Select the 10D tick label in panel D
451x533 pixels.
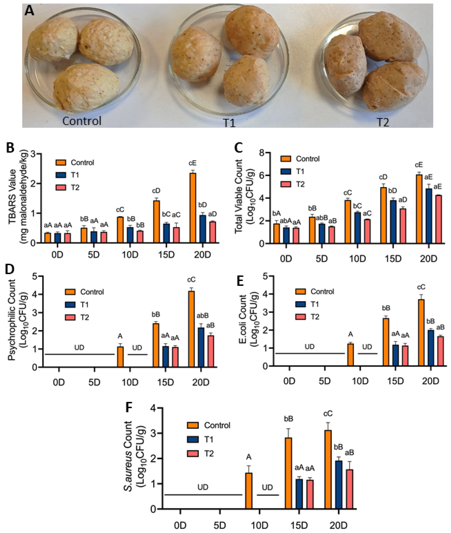[x=130, y=383]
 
